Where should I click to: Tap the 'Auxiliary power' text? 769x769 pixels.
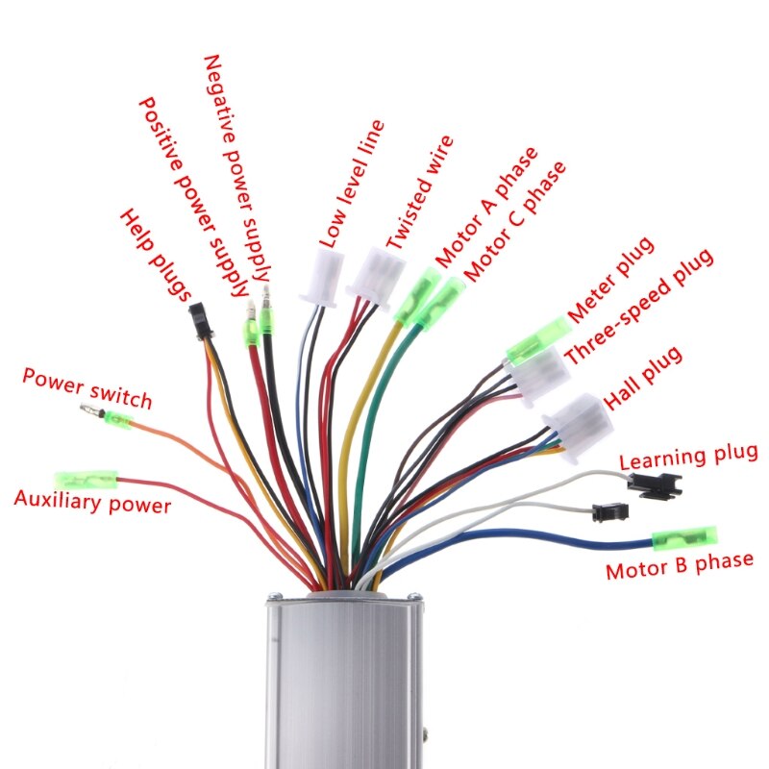[92, 502]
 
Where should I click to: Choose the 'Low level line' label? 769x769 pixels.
[351, 183]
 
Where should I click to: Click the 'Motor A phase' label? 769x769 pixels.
[486, 206]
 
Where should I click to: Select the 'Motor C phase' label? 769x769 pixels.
[514, 221]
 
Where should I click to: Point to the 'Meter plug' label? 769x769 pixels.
[610, 279]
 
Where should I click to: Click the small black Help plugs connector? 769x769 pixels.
[199, 320]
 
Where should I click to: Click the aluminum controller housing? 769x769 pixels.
[344, 682]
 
